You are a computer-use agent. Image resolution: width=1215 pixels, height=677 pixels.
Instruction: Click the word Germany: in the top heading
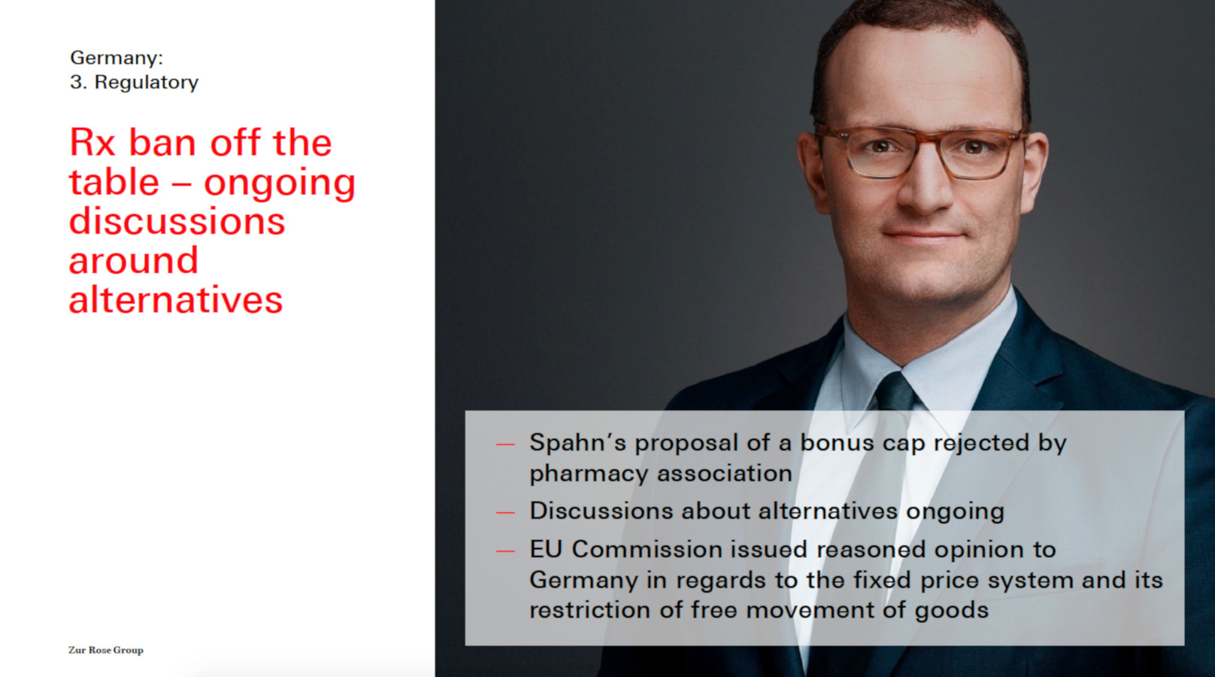point(117,58)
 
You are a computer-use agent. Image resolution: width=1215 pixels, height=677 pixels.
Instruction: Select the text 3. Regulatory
point(134,82)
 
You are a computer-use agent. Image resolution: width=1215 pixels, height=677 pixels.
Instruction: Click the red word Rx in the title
point(92,143)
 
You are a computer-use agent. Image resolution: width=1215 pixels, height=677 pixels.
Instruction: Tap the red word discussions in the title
point(177,221)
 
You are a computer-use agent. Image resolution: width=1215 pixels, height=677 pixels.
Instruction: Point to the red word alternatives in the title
point(176,299)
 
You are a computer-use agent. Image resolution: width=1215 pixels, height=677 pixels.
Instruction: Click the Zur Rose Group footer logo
point(106,650)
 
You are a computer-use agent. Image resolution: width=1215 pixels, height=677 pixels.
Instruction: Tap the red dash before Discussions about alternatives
point(505,512)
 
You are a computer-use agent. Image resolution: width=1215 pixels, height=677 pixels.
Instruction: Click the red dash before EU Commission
point(505,551)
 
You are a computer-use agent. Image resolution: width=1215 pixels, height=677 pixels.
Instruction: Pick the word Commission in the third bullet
point(647,550)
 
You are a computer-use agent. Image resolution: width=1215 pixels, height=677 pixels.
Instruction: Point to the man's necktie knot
point(895,392)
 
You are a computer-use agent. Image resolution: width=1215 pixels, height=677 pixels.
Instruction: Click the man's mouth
point(923,235)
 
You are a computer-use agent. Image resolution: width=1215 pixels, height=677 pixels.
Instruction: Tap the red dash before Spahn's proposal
point(505,445)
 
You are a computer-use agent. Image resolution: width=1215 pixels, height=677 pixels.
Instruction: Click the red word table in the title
point(114,182)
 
